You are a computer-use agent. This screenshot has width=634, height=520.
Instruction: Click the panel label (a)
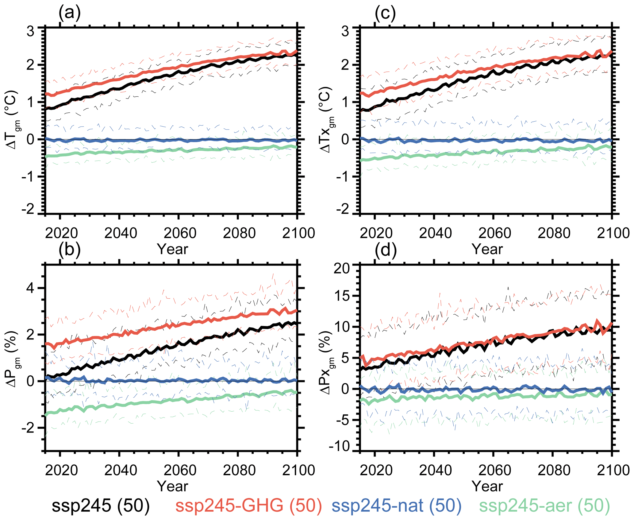(x=70, y=13)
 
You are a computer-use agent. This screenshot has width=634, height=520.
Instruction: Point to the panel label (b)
(x=70, y=249)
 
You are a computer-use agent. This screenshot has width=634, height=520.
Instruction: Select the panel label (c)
(x=385, y=13)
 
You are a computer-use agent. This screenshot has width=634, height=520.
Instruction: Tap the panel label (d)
(x=386, y=249)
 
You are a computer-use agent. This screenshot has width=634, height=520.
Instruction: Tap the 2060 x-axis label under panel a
(x=180, y=233)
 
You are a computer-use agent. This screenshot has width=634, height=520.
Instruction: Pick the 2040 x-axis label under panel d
(x=435, y=470)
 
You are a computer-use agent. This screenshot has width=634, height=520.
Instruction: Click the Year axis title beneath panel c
(x=487, y=249)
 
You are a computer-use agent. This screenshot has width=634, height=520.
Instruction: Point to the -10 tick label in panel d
(x=339, y=447)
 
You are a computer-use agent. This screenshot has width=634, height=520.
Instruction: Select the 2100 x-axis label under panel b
(x=298, y=470)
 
